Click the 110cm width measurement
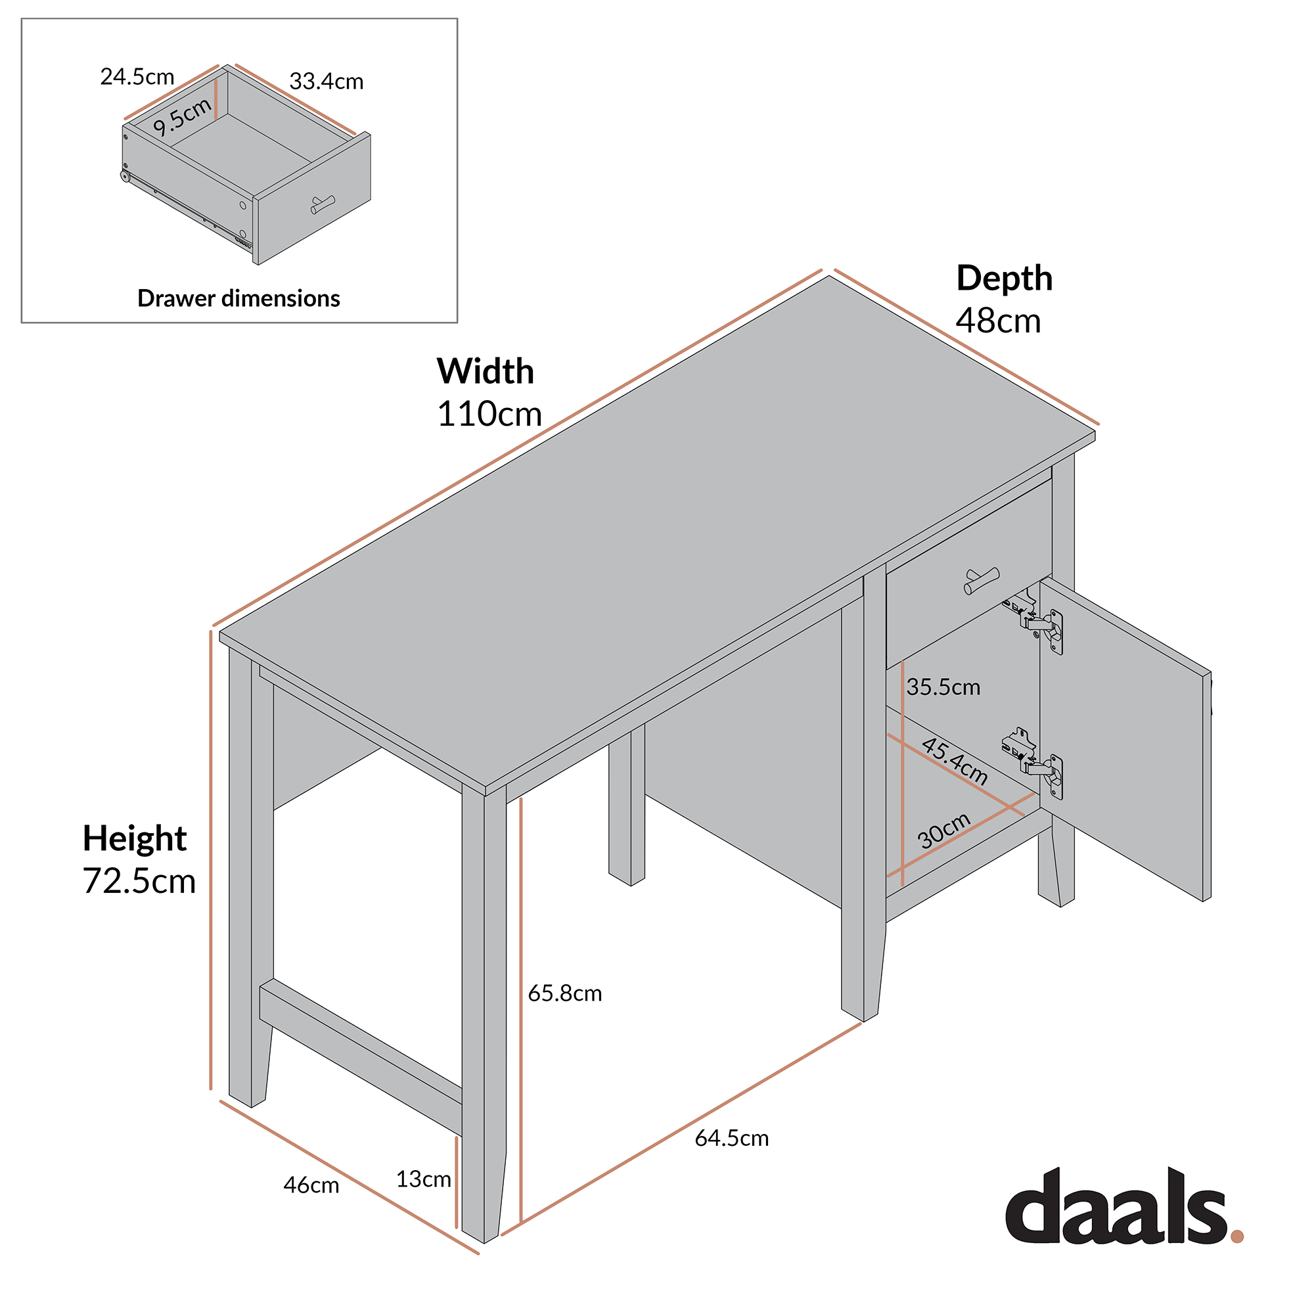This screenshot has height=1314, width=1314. coord(489,413)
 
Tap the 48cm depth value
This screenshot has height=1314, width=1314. coord(998,321)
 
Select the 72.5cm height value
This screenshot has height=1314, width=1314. coord(139,881)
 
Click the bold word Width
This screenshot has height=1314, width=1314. coord(485,371)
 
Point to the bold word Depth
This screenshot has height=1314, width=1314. coord(1004,278)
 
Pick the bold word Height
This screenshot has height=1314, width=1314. coord(135,838)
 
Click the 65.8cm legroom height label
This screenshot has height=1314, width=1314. coord(564,993)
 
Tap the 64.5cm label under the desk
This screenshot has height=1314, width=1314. coord(731,1139)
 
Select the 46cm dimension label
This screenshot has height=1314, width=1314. coord(311,1185)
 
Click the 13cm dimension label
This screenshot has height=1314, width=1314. coord(423,1179)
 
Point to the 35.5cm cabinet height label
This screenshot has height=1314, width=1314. coord(943,687)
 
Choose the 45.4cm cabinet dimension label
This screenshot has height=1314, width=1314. coord(953,761)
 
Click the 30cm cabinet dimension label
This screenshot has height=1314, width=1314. coord(943,830)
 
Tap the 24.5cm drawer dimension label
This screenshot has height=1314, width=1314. coord(137,77)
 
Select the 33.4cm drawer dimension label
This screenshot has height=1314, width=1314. coord(326,81)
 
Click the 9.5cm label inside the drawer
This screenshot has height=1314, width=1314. coord(181,117)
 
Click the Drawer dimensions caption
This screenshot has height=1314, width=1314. coord(238,298)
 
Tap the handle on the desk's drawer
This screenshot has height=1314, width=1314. coord(982,580)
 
